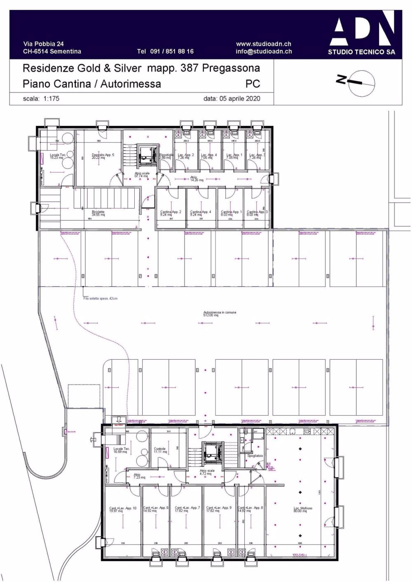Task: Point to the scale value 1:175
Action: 51,99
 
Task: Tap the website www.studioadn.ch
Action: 263,44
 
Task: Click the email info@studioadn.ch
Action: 264,51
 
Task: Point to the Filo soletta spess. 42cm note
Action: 100,298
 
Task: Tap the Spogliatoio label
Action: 255,456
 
